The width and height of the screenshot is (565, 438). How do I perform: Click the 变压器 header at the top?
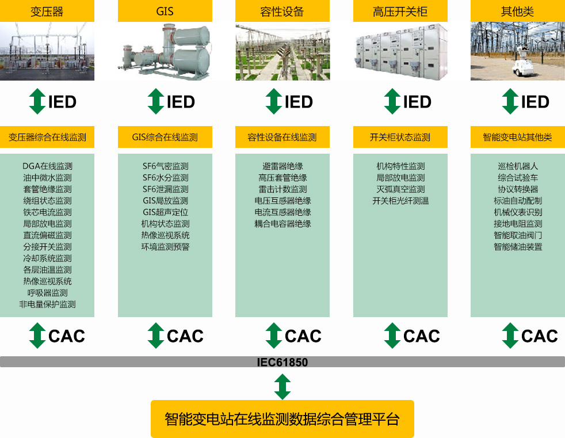tap(47, 11)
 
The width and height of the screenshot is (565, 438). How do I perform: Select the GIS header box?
tap(165, 11)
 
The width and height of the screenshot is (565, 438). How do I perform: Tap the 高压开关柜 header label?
tap(400, 11)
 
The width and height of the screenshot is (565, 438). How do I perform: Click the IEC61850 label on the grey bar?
tap(282, 362)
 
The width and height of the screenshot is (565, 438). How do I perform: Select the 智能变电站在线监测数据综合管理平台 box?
tap(282, 419)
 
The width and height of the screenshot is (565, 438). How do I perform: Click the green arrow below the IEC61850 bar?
tap(282, 386)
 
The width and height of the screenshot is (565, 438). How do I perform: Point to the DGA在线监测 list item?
tap(47, 166)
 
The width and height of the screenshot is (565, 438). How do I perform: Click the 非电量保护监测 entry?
tap(47, 304)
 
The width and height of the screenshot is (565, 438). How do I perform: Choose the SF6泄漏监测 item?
tap(165, 189)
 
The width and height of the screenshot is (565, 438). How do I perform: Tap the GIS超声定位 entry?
tap(165, 212)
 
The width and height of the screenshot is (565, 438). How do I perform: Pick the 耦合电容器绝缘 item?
tap(282, 224)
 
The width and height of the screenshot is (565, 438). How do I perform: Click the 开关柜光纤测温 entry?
tap(400, 201)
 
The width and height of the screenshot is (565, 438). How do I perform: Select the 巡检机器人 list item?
tap(518, 166)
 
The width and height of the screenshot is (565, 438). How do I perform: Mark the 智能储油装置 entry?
tap(518, 247)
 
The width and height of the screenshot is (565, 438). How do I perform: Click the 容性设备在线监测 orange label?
tap(282, 138)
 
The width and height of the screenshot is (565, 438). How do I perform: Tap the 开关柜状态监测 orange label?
tap(400, 138)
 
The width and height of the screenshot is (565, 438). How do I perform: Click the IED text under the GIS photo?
tap(181, 102)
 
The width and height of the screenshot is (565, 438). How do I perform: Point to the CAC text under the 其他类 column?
tap(539, 336)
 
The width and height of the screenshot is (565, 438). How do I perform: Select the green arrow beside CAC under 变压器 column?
tap(37, 336)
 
